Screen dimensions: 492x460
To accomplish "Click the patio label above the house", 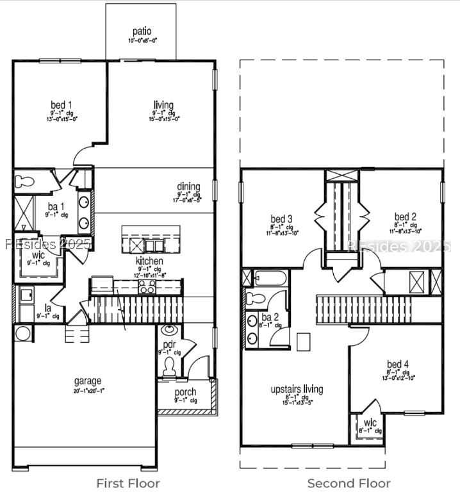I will (142, 31).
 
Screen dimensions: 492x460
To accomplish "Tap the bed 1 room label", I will (62, 105).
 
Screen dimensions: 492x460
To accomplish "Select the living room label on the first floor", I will (163, 105).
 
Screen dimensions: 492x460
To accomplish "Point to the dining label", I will (188, 187).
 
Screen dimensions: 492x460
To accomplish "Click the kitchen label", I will (149, 261).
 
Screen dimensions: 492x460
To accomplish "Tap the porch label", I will (186, 392).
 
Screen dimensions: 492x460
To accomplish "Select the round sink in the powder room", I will (170, 331).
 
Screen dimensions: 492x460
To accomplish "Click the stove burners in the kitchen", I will (147, 287).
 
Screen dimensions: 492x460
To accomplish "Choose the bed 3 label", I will (281, 219).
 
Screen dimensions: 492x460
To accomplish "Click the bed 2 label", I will (406, 217).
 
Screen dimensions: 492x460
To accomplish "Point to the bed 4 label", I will (397, 364).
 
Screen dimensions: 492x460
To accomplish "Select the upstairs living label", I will (297, 389).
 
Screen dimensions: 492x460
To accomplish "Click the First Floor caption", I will (128, 483).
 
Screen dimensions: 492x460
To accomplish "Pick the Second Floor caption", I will (349, 483).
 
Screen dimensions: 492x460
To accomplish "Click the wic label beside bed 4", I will (370, 423).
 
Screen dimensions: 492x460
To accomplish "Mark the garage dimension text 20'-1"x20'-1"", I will (88, 389).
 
